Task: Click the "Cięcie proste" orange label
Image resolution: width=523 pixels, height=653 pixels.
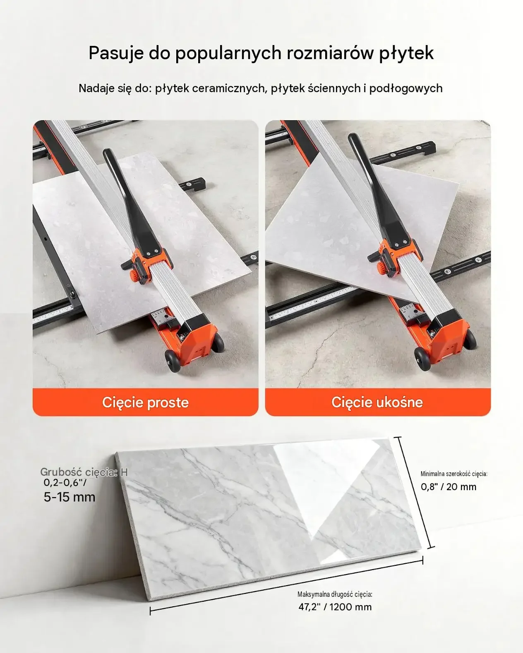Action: (145, 403)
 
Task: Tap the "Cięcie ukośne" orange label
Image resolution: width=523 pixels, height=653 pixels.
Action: (377, 403)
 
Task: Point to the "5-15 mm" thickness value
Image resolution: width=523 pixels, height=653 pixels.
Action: (70, 497)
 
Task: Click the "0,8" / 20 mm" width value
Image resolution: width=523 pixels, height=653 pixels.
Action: (449, 487)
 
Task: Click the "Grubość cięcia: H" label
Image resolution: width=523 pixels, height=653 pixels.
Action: (84, 472)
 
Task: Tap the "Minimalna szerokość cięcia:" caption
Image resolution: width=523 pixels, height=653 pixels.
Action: (454, 474)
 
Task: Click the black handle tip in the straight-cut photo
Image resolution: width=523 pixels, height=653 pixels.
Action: (108, 153)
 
